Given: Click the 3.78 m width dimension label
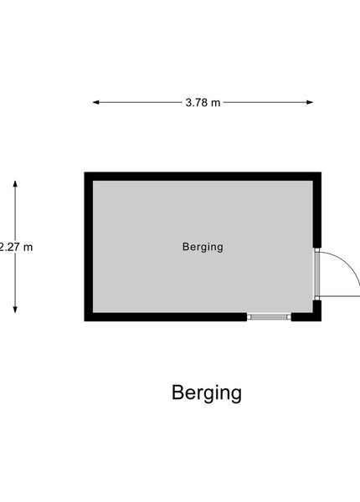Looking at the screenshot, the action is (x=203, y=102).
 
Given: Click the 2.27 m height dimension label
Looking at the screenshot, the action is (x=16, y=247).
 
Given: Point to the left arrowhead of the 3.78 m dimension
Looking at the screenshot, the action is (x=95, y=102).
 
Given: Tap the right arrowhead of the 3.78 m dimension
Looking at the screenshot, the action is (x=310, y=102).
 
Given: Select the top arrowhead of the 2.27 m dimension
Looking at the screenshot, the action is (x=15, y=184).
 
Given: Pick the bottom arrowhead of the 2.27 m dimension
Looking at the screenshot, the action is (x=15, y=310).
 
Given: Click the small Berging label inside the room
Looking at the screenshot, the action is (x=203, y=247).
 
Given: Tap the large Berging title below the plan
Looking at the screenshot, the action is (x=207, y=393).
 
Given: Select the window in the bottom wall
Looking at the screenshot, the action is (x=269, y=317).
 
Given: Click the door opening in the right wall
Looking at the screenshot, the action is (x=316, y=274).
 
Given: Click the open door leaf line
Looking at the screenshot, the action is (x=340, y=297).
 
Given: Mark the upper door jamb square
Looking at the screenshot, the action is (x=317, y=250).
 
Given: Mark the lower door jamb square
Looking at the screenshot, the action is (x=317, y=298).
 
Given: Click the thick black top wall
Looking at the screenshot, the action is (x=203, y=177).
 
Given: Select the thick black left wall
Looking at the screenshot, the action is (x=89, y=247).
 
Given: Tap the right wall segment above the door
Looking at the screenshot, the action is (x=317, y=210).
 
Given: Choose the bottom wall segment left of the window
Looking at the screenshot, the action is (x=166, y=317).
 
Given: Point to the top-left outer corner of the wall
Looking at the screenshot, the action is (x=85, y=172).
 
